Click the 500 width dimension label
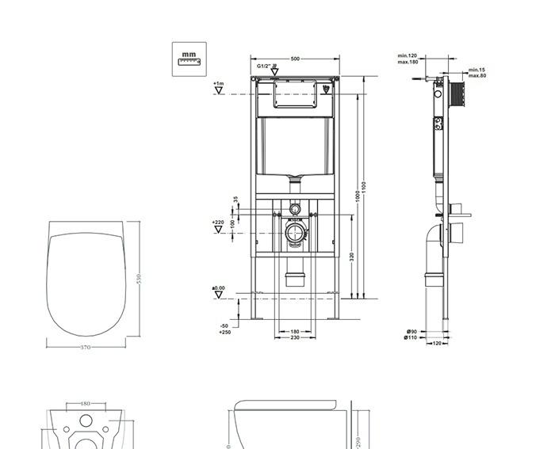(x=295, y=59)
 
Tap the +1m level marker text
(x=218, y=83)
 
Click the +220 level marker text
(x=218, y=223)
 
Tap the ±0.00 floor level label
(x=218, y=288)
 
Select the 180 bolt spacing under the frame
(x=294, y=332)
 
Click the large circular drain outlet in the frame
(x=295, y=234)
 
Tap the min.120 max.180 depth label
(x=408, y=59)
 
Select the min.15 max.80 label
(x=477, y=73)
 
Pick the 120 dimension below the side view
(x=436, y=344)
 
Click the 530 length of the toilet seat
(x=140, y=281)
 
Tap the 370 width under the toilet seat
(x=85, y=347)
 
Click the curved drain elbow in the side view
(x=433, y=238)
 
